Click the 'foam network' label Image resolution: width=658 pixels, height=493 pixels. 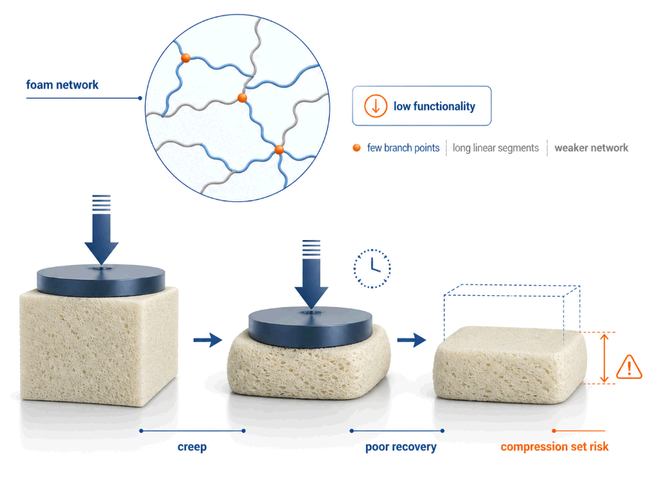pos(62,85)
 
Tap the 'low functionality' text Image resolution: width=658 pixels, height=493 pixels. pos(434,107)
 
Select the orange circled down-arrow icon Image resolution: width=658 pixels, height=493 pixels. pos(375,106)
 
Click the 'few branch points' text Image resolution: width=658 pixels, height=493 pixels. pos(404,148)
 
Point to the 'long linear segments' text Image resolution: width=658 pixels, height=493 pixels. pos(496,148)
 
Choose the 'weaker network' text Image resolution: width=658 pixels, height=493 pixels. pos(592,148)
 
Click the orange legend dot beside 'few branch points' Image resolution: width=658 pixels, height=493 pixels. pos(357,148)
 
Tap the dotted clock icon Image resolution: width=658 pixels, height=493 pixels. pos(372,268)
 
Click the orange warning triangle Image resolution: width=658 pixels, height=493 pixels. pos(629,367)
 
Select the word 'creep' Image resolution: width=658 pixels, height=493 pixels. pos(192,447)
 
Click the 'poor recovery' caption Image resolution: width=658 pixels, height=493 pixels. pos(401,447)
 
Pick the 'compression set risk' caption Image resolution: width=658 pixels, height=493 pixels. pos(555,447)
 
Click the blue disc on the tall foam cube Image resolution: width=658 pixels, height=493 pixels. pos(101,280)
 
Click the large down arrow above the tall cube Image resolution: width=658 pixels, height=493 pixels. pos(101,229)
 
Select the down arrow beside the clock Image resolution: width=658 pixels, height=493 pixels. pos(312,274)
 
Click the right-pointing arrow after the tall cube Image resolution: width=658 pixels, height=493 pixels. pos(207,339)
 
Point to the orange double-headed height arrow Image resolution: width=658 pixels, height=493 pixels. pos(604,358)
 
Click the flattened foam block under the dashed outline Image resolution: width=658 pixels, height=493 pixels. pos(510,365)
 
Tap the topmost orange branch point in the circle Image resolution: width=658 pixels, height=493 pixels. pos(185,58)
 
